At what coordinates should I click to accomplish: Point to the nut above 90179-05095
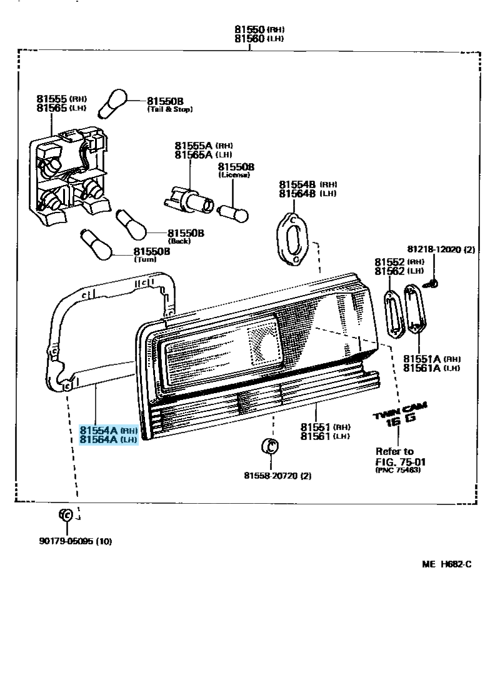(x=66, y=514)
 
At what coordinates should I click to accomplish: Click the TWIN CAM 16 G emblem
(x=401, y=415)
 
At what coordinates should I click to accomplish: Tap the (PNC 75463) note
(x=398, y=470)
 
